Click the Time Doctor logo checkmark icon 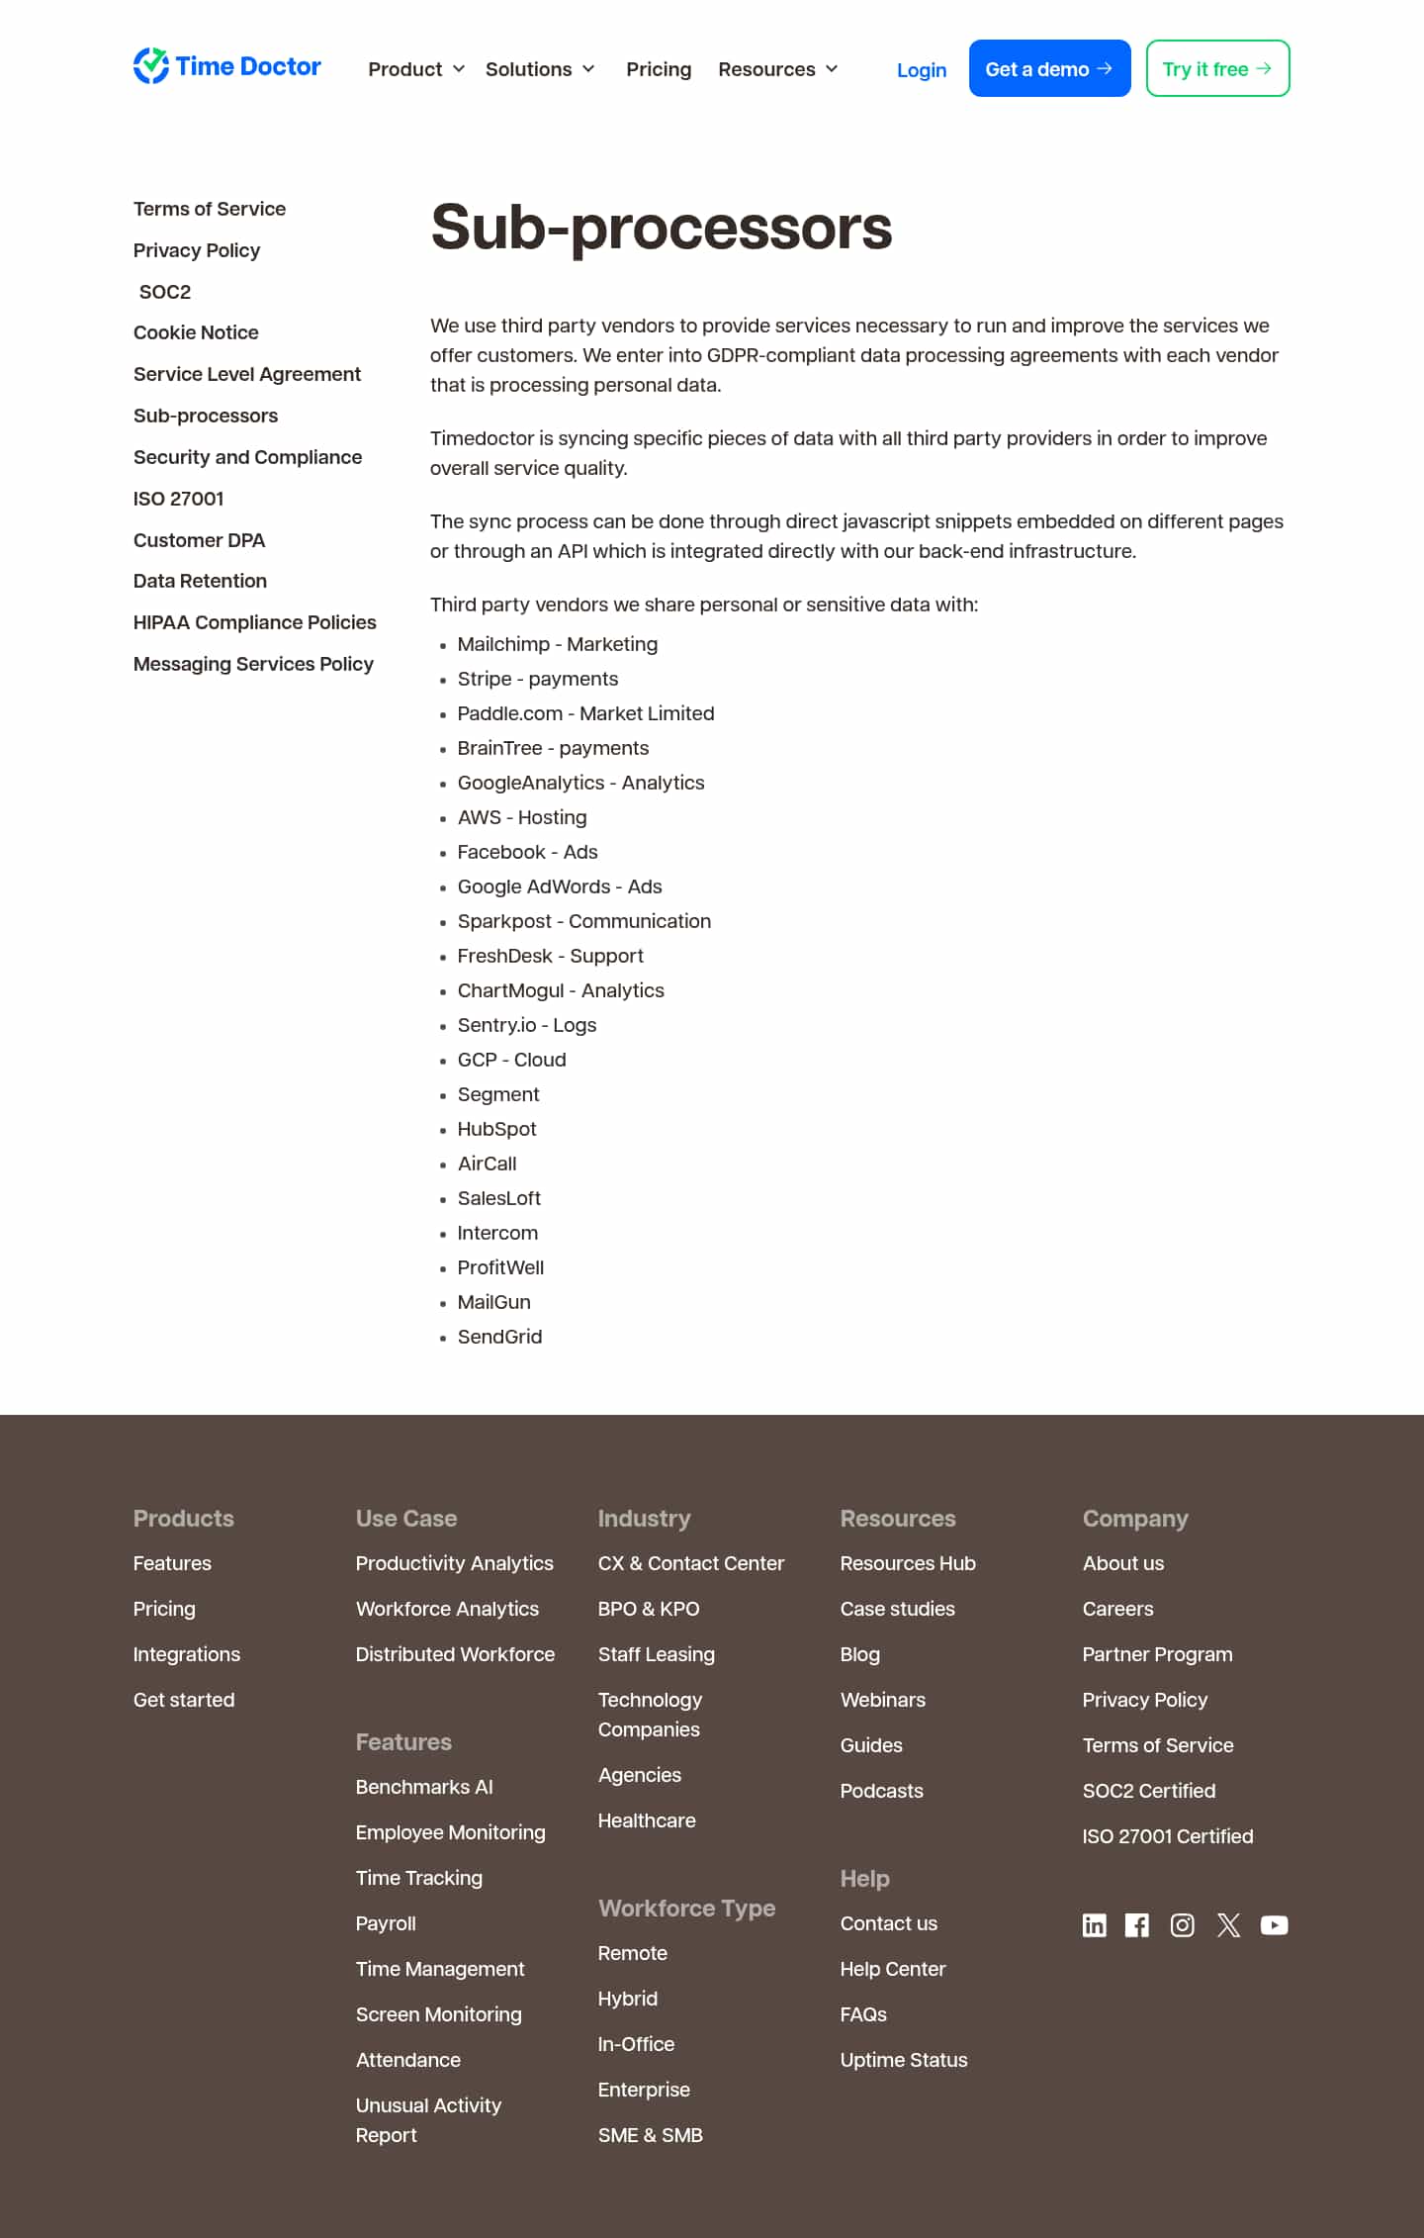[x=151, y=66]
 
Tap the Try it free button [x=1217, y=69]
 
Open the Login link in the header [x=921, y=70]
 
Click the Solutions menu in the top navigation [x=540, y=69]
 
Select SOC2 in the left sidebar [x=165, y=292]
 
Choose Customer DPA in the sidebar [x=199, y=540]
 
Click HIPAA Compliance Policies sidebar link [x=254, y=622]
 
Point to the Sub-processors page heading [x=661, y=228]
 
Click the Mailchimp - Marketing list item [x=557, y=644]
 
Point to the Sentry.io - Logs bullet [x=526, y=1025]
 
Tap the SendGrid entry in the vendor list [x=499, y=1337]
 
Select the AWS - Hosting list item [x=521, y=817]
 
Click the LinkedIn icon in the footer [x=1094, y=1924]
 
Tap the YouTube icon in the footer [x=1274, y=1924]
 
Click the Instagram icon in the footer [x=1182, y=1924]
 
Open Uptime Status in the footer [x=903, y=2060]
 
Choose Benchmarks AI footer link [x=423, y=1787]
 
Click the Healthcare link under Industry [x=646, y=1820]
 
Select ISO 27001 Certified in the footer [x=1167, y=1836]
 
